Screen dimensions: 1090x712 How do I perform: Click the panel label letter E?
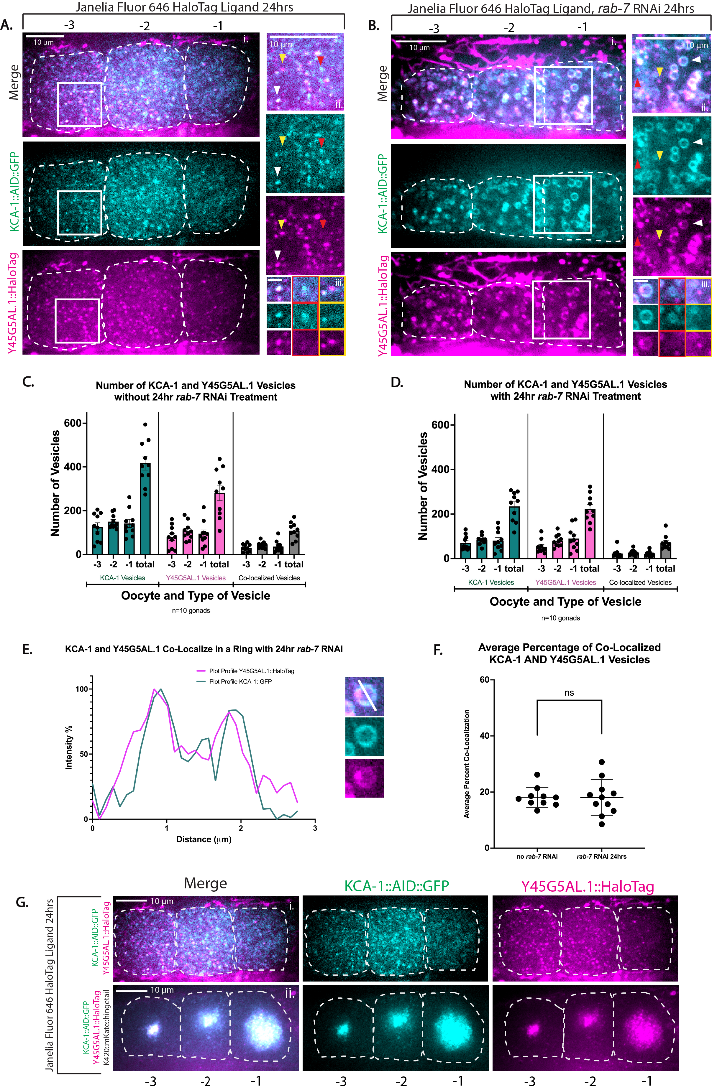tap(27, 649)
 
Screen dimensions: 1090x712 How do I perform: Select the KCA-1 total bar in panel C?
tap(145, 508)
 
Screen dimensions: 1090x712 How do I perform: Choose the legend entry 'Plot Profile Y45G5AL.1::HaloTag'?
tap(251, 671)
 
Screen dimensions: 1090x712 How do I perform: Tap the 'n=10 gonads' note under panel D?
tap(560, 618)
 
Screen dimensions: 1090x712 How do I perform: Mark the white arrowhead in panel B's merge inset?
tap(696, 60)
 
